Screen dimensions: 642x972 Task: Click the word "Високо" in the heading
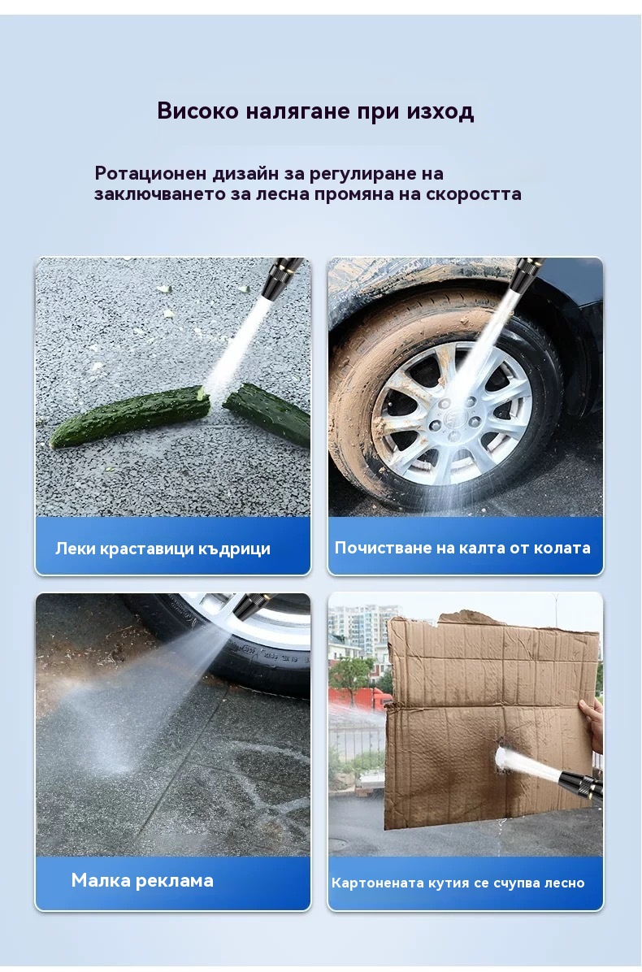[197, 111]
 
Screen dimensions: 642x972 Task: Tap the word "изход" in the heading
[440, 112]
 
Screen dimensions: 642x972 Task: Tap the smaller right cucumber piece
[267, 414]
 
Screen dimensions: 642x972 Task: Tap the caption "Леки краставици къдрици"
[163, 549]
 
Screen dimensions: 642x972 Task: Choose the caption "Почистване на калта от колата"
[462, 548]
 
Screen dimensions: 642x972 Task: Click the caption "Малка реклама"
[142, 880]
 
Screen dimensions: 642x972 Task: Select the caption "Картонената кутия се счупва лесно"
[458, 883]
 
